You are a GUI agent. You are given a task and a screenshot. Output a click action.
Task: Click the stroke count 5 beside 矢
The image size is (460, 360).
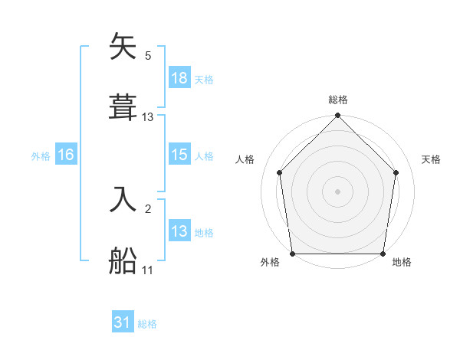pyautogui.click(x=148, y=55)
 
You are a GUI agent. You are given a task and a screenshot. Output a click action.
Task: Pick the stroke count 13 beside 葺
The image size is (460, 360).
pyautogui.click(x=148, y=116)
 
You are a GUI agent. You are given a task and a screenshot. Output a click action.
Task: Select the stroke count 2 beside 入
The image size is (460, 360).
pyautogui.click(x=148, y=208)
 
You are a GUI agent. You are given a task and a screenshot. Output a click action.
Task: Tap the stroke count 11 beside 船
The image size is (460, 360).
pyautogui.click(x=148, y=270)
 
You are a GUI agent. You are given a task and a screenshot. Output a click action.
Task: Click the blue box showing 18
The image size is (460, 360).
pyautogui.click(x=179, y=78)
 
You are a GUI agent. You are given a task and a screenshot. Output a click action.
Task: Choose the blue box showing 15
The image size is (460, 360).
pyautogui.click(x=179, y=155)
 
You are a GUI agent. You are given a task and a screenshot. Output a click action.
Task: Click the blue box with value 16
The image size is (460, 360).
pyautogui.click(x=66, y=155)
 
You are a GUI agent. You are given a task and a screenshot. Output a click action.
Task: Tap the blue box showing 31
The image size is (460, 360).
pyautogui.click(x=123, y=322)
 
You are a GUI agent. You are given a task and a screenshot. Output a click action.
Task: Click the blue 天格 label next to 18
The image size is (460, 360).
pyautogui.click(x=204, y=79)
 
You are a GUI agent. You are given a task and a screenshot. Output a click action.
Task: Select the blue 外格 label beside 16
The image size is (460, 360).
pyautogui.click(x=41, y=155)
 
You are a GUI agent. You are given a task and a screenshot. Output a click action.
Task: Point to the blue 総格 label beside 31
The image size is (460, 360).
pyautogui.click(x=147, y=324)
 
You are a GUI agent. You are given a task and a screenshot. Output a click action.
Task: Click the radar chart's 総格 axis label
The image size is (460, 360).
pyautogui.click(x=338, y=100)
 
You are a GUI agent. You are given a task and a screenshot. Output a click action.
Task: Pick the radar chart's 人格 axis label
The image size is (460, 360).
pyautogui.click(x=245, y=159)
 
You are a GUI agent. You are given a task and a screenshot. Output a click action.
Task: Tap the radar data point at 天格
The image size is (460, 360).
pyautogui.click(x=396, y=172)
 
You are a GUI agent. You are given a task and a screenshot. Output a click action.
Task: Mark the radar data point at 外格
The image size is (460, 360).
pyautogui.click(x=293, y=254)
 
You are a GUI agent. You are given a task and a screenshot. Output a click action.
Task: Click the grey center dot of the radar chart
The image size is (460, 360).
pyautogui.click(x=338, y=191)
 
